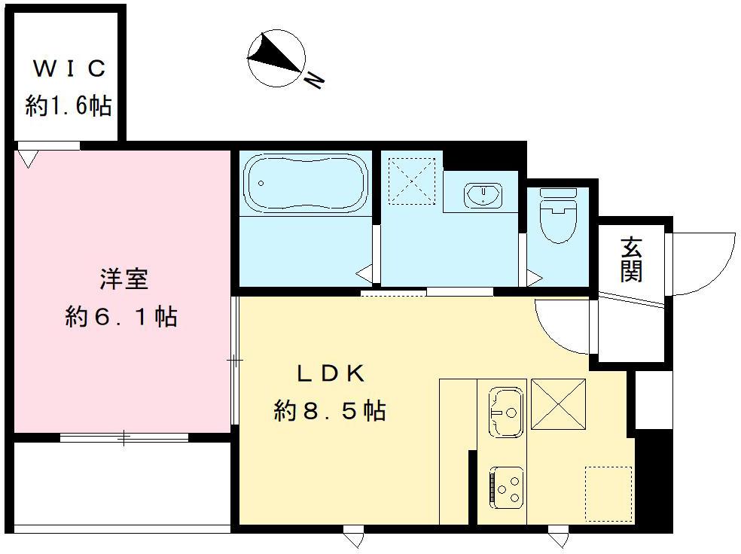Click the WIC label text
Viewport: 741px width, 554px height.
coord(69,69)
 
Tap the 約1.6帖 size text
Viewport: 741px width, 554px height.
coord(69,105)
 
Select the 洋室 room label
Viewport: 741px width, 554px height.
coord(123,279)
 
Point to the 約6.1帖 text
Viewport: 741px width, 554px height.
coord(121,317)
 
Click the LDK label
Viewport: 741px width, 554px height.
coord(330,373)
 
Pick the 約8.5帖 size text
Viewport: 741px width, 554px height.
coord(330,411)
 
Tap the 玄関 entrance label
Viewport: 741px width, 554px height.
coord(631,260)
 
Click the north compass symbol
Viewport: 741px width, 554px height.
coord(276,57)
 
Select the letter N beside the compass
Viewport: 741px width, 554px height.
coord(314,78)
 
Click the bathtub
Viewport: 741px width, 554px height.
coord(306,182)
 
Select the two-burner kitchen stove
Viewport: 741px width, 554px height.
coord(506,487)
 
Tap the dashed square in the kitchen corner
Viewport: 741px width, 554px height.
coord(608,494)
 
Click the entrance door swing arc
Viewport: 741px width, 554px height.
coord(704,263)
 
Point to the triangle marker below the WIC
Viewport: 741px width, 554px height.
coord(29,158)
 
